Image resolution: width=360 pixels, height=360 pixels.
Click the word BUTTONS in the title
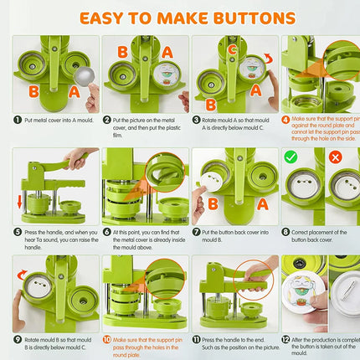tap(252, 18)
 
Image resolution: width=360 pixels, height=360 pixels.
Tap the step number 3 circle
tap(198, 120)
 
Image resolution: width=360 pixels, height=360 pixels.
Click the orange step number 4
tap(286, 120)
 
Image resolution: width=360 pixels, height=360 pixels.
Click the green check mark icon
tap(291, 157)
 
